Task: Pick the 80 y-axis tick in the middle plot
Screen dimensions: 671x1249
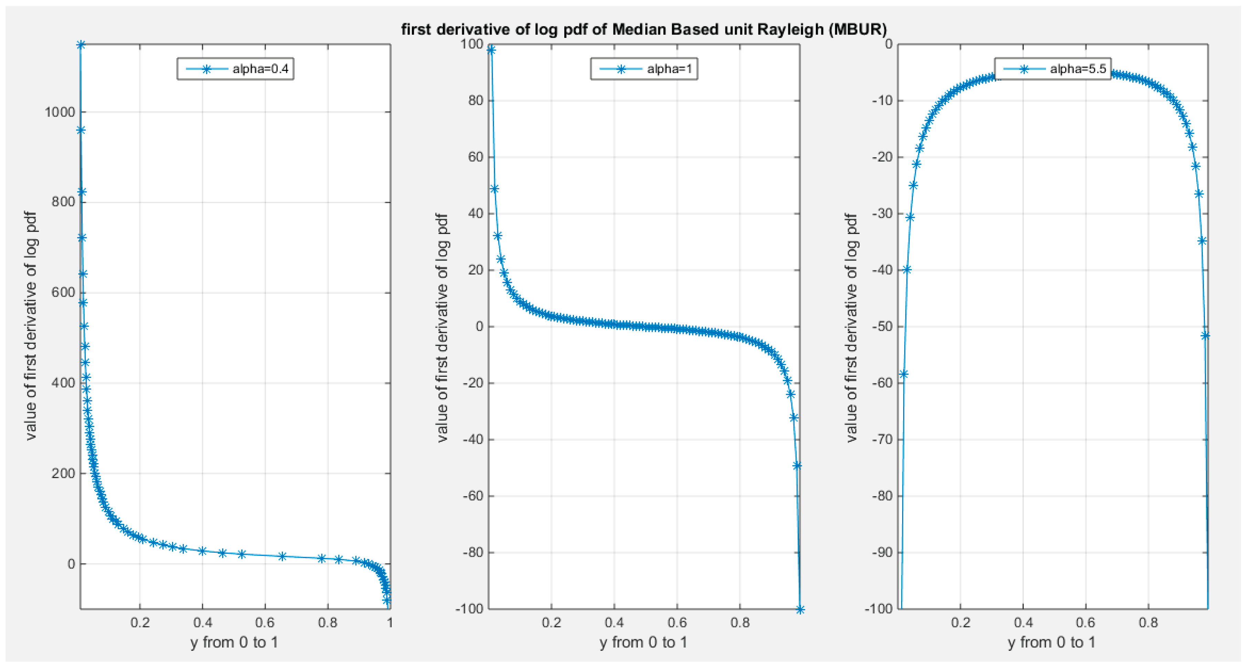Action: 476,100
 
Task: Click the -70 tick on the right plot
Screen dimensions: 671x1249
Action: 882,439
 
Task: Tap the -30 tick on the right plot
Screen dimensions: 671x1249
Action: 882,213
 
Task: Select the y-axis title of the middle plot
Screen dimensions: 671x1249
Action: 442,327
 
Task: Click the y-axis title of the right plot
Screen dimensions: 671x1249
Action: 851,327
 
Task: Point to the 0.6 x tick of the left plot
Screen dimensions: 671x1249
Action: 265,622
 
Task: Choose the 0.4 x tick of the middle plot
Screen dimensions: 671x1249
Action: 614,622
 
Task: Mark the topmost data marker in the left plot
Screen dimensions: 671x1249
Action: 81,45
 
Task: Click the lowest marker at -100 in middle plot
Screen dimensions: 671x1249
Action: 800,609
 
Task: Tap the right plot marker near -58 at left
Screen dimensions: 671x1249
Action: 903,374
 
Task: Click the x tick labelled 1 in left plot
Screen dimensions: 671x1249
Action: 389,622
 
